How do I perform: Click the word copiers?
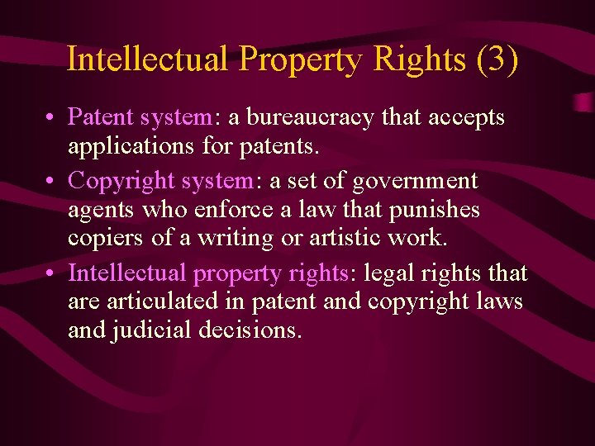click(102, 240)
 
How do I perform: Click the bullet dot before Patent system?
click(51, 119)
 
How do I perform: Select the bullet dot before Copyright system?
click(51, 181)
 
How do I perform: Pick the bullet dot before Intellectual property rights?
click(51, 273)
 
